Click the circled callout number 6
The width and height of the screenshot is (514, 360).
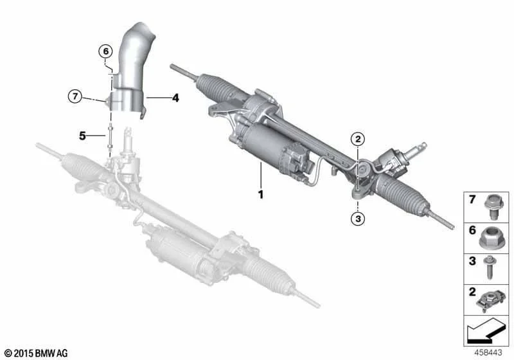pos(105,51)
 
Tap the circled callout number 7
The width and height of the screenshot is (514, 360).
pos(75,96)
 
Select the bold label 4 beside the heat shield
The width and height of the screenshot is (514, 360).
pos(175,98)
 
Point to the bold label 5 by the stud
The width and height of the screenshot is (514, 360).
pos(82,136)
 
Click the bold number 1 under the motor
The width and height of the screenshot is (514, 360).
pos(261,195)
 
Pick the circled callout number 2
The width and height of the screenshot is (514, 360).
pos(358,139)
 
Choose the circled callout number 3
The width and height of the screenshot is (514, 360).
pos(358,219)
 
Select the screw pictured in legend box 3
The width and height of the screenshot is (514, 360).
pos(490,267)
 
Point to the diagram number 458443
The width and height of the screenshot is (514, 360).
pos(488,352)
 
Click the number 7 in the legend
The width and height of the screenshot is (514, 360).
pos(472,199)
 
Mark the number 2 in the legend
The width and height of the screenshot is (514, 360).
pos(472,292)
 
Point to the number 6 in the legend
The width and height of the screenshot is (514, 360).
pos(472,230)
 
